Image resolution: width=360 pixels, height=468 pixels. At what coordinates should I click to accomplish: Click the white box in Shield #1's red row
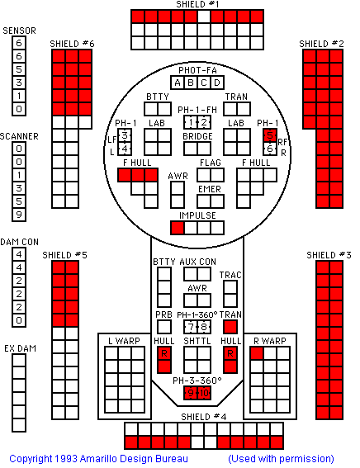click(x=204, y=17)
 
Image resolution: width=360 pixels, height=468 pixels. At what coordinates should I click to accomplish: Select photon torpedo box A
click(x=178, y=83)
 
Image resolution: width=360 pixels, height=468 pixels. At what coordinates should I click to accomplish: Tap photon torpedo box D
click(x=217, y=83)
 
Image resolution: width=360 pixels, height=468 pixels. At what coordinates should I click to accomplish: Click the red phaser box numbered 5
click(x=270, y=135)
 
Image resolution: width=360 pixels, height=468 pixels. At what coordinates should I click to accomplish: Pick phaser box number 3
click(x=125, y=135)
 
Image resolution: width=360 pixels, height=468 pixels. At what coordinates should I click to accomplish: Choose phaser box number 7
click(x=191, y=327)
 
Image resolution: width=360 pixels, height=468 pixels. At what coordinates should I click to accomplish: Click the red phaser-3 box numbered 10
click(x=204, y=393)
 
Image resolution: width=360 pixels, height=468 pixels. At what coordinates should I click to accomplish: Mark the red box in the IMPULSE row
click(x=178, y=228)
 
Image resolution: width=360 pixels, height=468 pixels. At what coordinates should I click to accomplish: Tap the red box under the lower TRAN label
click(x=230, y=327)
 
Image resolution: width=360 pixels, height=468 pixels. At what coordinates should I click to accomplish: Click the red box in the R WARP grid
click(x=257, y=353)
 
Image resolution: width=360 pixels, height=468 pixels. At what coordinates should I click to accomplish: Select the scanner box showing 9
click(x=19, y=215)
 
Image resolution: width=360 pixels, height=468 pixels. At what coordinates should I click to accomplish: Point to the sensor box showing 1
click(x=19, y=96)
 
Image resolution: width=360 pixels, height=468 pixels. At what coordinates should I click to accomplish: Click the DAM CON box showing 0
click(x=19, y=320)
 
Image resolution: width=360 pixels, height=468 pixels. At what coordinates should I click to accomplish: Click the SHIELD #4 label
click(x=204, y=417)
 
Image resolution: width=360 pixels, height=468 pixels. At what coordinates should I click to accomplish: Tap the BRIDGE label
click(x=197, y=136)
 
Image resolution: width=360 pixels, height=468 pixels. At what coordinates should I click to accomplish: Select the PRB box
click(x=164, y=327)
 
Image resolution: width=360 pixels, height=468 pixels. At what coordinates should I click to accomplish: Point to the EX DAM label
click(x=20, y=348)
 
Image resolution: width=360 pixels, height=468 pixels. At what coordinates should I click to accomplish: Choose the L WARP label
click(x=124, y=341)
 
